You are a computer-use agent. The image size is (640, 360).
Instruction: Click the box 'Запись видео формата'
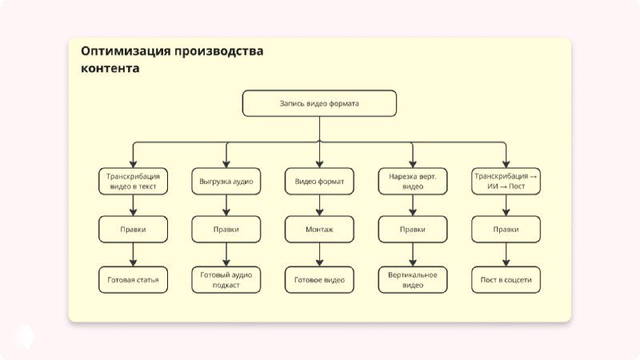pyautogui.click(x=319, y=103)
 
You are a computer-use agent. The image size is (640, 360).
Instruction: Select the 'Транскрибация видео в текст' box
pyautogui.click(x=133, y=181)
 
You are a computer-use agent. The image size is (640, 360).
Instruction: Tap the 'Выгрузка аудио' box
pyautogui.click(x=226, y=182)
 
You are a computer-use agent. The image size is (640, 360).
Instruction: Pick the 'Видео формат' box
pyautogui.click(x=319, y=182)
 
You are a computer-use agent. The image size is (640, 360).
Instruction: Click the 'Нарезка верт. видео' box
pyautogui.click(x=413, y=181)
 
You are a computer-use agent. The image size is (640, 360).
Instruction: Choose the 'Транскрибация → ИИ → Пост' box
pyautogui.click(x=506, y=181)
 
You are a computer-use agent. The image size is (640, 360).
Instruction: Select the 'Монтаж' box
pyautogui.click(x=319, y=230)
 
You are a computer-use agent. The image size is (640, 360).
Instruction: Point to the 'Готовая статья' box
pyautogui.click(x=133, y=280)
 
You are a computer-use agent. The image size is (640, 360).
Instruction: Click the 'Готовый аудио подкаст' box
pyautogui.click(x=226, y=280)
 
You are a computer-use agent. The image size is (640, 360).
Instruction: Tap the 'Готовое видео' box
pyautogui.click(x=319, y=280)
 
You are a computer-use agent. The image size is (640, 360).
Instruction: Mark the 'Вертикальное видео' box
pyautogui.click(x=413, y=280)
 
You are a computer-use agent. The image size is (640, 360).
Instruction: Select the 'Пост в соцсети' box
pyautogui.click(x=506, y=280)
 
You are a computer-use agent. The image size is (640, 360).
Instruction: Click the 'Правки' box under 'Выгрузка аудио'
pyautogui.click(x=226, y=230)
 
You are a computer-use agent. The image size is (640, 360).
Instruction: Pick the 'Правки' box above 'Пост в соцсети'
pyautogui.click(x=506, y=230)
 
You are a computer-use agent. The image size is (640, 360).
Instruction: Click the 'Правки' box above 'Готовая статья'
pyautogui.click(x=133, y=230)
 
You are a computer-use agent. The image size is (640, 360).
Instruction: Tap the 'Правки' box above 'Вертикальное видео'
pyautogui.click(x=413, y=230)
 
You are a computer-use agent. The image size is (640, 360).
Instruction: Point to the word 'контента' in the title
pyautogui.click(x=110, y=69)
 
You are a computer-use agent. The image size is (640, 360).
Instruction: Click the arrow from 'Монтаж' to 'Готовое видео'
pyautogui.click(x=319, y=254)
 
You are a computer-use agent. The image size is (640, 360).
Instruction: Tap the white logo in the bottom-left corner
pyautogui.click(x=26, y=334)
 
